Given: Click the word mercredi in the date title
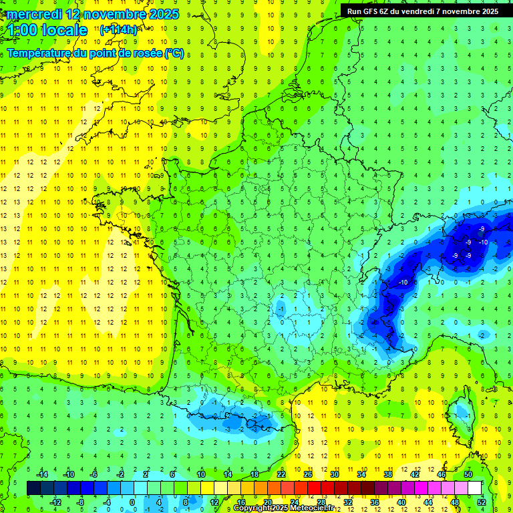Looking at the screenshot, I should pyautogui.click(x=33, y=14).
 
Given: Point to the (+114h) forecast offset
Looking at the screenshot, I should pyautogui.click(x=118, y=29).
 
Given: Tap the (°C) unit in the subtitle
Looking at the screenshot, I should pyautogui.click(x=174, y=53).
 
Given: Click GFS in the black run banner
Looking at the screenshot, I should pyautogui.click(x=372, y=11).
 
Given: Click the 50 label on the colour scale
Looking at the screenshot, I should pyautogui.click(x=468, y=474).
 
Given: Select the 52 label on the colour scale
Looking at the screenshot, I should pyautogui.click(x=482, y=502).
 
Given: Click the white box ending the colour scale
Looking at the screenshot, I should pyautogui.click(x=474, y=488).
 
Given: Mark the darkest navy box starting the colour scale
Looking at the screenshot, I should pyautogui.click(x=33, y=488).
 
